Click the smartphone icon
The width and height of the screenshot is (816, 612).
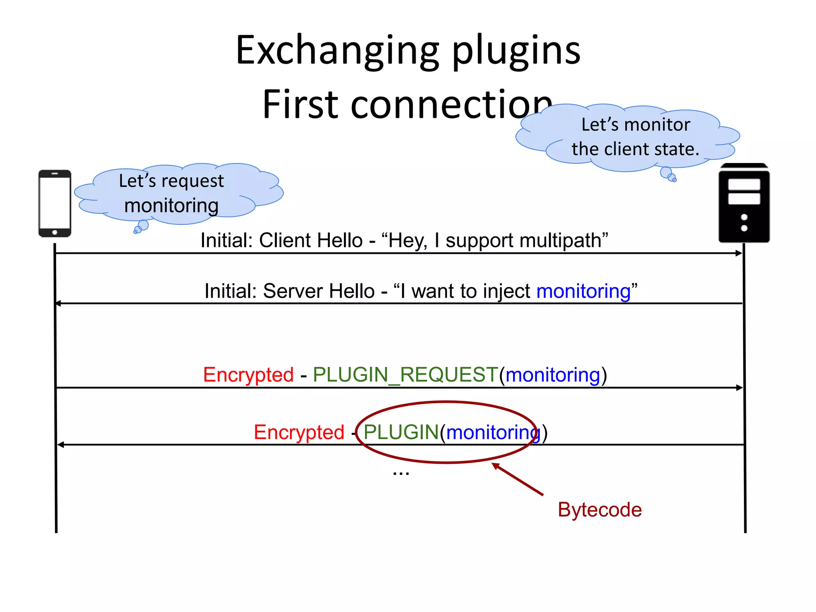[x=55, y=203]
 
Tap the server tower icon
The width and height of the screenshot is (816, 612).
[x=744, y=203]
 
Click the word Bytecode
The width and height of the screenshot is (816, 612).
[x=600, y=510]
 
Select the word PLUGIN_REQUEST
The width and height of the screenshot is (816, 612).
[x=405, y=375]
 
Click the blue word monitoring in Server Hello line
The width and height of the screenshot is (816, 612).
[x=583, y=291]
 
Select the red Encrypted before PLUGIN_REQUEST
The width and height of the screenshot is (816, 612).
[x=248, y=375]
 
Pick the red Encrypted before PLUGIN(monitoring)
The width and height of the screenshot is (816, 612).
[x=299, y=433]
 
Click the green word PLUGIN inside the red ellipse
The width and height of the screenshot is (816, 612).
[x=401, y=433]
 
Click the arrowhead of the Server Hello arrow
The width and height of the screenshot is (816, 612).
[x=58, y=304]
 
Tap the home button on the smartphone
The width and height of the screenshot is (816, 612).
[x=55, y=232]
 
